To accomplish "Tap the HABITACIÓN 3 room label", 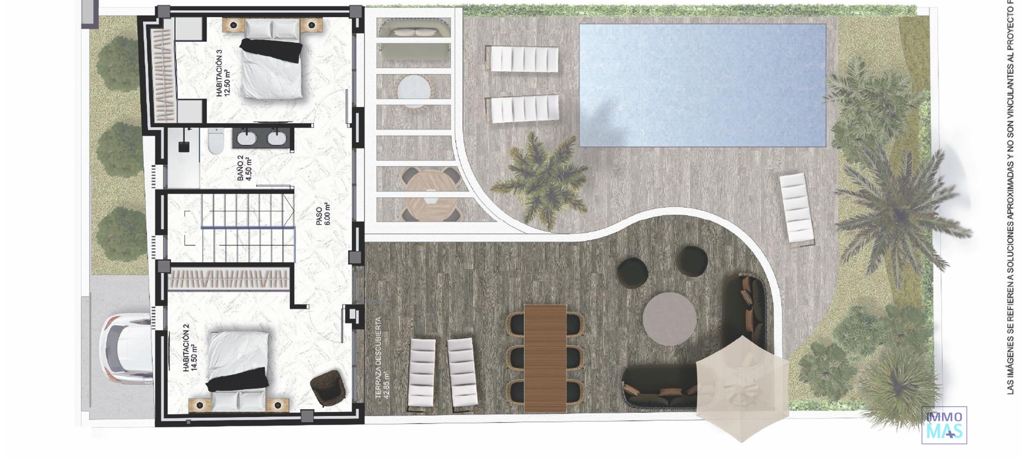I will tap(223, 74).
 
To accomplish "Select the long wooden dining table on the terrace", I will tap(545, 358).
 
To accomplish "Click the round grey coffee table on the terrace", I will tap(669, 319).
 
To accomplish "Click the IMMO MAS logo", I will tap(944, 425).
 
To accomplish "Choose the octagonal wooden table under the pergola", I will tap(430, 193).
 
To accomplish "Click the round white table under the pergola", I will tap(414, 91).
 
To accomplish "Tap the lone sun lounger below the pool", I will tap(797, 209).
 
